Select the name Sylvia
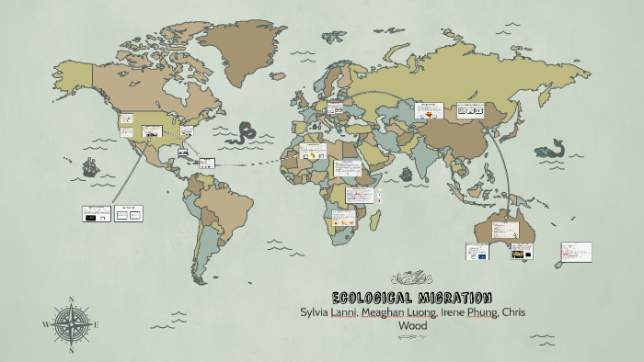pos(319,312)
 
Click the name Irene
pos(457,312)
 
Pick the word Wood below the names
pos(412,325)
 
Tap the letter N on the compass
pos(72,300)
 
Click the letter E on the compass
pos(97,324)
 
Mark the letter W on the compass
pos(46,324)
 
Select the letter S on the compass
pos(72,349)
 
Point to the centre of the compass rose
pos(72,324)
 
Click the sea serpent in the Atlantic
pos(247,133)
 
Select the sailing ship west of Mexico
pos(90,168)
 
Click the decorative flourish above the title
pos(411,277)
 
